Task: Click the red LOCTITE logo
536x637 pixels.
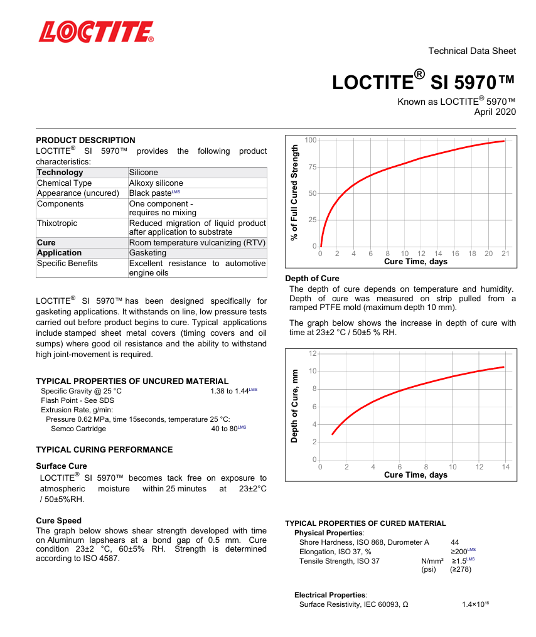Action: [x=96, y=31]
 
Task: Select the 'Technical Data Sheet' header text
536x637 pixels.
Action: [x=472, y=51]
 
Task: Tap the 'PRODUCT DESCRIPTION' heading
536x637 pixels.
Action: [x=85, y=140]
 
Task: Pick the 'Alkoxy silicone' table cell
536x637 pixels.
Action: [x=156, y=183]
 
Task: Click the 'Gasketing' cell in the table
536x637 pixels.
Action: [x=147, y=253]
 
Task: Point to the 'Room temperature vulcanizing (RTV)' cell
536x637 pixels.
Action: [x=197, y=242]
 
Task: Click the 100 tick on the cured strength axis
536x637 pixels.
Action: [x=311, y=139]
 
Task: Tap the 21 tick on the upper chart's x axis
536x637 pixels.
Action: [x=505, y=254]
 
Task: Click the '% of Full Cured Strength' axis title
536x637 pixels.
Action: [x=294, y=192]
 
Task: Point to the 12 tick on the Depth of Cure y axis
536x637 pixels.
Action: [x=313, y=354]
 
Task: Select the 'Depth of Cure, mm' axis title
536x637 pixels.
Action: [x=294, y=405]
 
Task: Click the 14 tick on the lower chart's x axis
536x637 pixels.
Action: [x=505, y=467]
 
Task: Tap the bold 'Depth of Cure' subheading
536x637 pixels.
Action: [x=312, y=278]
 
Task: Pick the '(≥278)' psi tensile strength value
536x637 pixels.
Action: [x=460, y=569]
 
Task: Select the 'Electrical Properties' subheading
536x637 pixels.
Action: [x=331, y=594]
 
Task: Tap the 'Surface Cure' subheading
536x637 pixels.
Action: [x=62, y=466]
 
